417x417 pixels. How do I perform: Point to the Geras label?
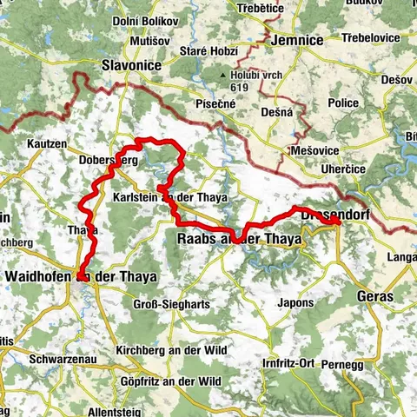click(x=374, y=296)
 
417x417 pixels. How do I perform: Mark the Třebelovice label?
click(x=371, y=38)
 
